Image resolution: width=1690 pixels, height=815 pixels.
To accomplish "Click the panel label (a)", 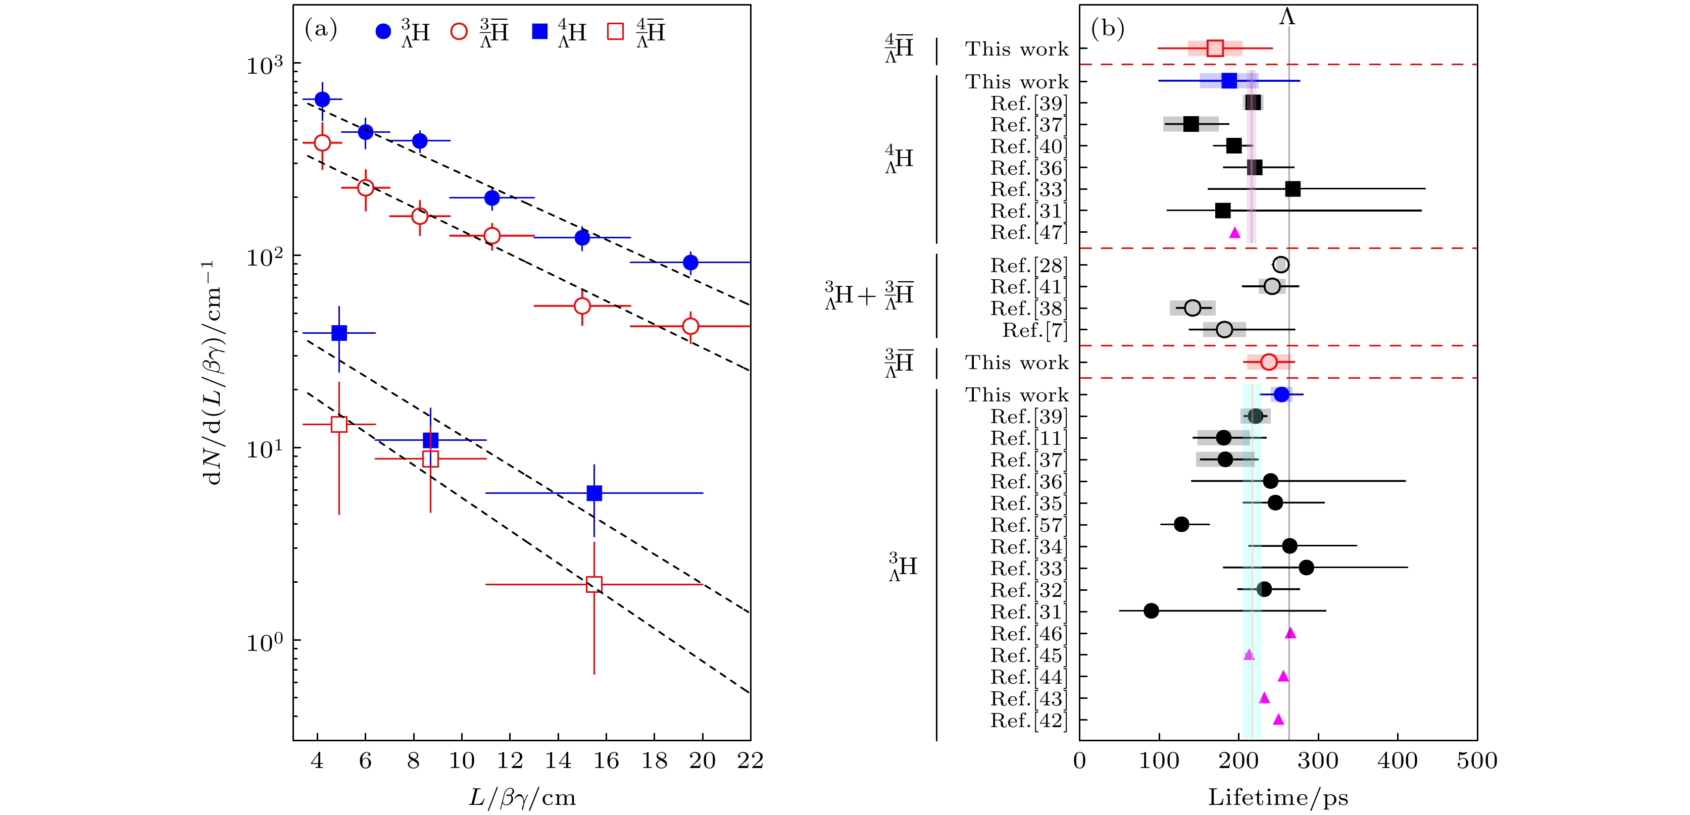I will click(321, 29).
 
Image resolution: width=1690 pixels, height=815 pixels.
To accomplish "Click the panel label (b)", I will click(1108, 29).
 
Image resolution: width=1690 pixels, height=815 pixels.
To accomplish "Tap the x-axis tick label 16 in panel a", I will click(606, 760).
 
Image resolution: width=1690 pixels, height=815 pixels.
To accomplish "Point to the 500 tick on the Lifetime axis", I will click(1477, 760).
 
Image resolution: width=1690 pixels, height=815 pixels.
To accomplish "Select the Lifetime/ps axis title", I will click(1278, 797).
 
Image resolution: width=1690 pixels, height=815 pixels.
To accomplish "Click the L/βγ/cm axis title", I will click(522, 797).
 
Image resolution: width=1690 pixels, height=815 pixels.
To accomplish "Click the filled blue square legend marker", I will click(539, 31).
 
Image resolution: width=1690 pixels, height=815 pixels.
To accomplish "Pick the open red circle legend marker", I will click(459, 31).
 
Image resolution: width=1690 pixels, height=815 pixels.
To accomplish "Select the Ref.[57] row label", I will click(1029, 525).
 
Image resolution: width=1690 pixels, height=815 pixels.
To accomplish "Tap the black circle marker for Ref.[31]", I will click(1151, 611).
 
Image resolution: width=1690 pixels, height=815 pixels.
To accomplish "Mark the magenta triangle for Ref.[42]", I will click(1278, 719).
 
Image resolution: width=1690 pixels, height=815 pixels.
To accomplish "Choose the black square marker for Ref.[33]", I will click(1293, 189).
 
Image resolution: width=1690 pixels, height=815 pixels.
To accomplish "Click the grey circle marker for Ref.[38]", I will click(1192, 308).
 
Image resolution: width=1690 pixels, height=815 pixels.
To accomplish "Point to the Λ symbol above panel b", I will click(1287, 16).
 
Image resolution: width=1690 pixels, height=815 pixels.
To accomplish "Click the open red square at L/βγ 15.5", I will click(594, 584).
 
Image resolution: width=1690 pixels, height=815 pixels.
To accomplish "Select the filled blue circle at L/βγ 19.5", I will click(690, 262).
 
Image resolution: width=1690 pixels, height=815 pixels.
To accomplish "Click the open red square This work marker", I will click(1215, 48).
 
